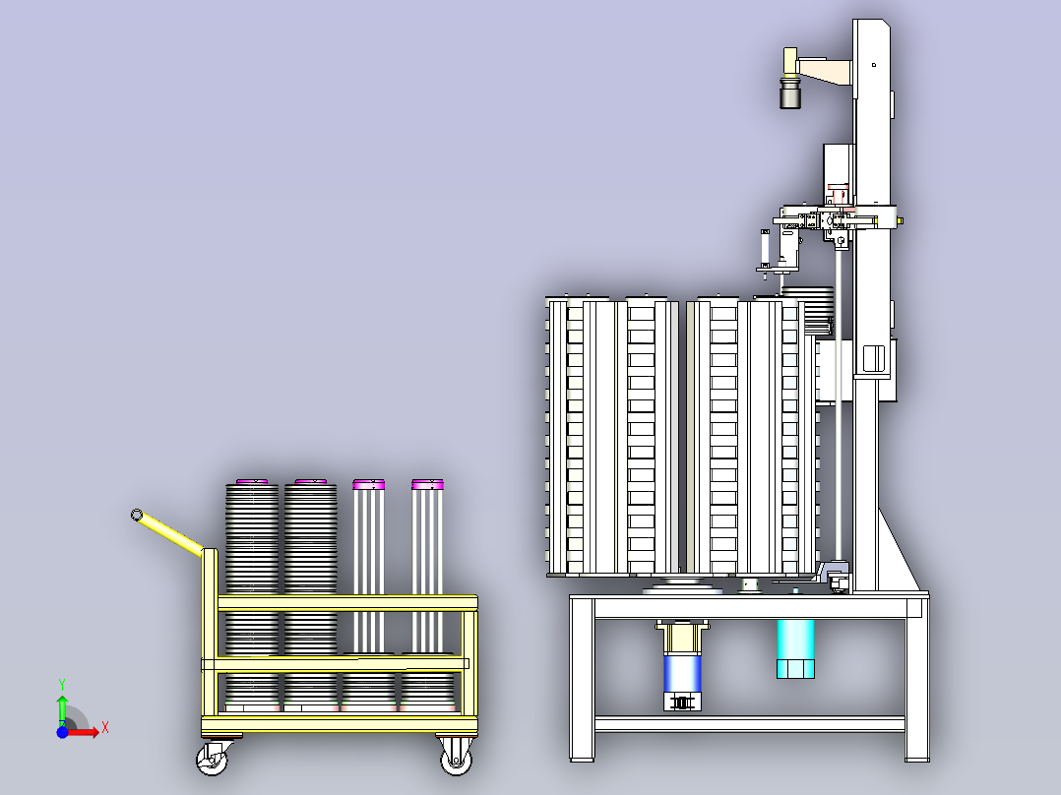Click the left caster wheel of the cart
click(x=212, y=760)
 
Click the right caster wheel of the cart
click(x=457, y=760)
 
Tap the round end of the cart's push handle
click(x=137, y=516)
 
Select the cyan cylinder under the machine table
click(x=795, y=648)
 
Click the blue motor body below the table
click(x=682, y=673)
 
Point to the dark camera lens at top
click(x=790, y=94)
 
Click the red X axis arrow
click(x=84, y=731)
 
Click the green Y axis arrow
click(x=62, y=709)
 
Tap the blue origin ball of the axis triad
click(x=62, y=732)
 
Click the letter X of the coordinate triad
click(x=105, y=728)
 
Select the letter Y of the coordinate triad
click(x=62, y=685)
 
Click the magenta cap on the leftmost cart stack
click(x=252, y=482)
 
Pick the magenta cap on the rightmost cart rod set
click(x=427, y=484)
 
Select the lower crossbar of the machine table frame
click(x=750, y=724)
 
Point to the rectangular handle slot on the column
click(x=874, y=358)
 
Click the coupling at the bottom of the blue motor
click(x=682, y=703)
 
